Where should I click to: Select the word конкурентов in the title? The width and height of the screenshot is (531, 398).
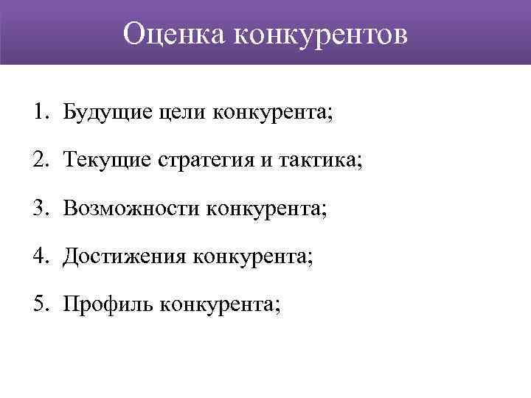tap(321, 34)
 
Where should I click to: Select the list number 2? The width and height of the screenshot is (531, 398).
tap(38, 161)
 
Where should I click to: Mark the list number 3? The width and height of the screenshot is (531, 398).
tap(38, 209)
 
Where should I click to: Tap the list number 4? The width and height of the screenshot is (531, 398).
tap(38, 256)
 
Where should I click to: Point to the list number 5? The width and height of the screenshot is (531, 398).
tap(38, 304)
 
